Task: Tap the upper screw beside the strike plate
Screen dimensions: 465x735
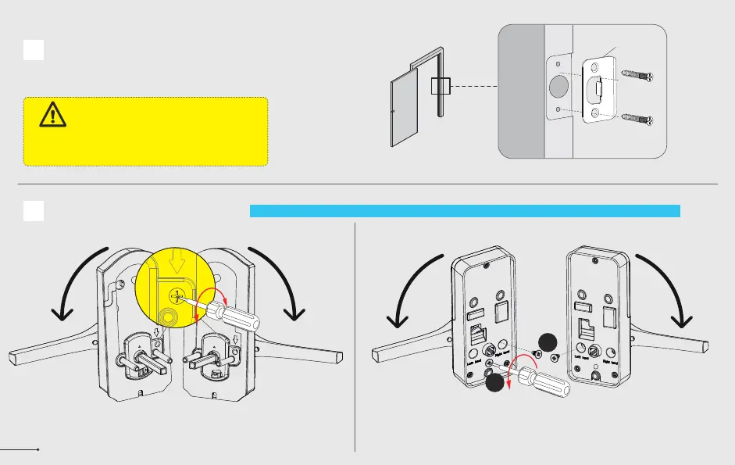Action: click(640, 77)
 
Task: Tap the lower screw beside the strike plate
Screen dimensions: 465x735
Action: click(640, 120)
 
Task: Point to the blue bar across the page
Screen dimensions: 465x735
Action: click(465, 210)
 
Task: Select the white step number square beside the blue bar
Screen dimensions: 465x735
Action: click(33, 210)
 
